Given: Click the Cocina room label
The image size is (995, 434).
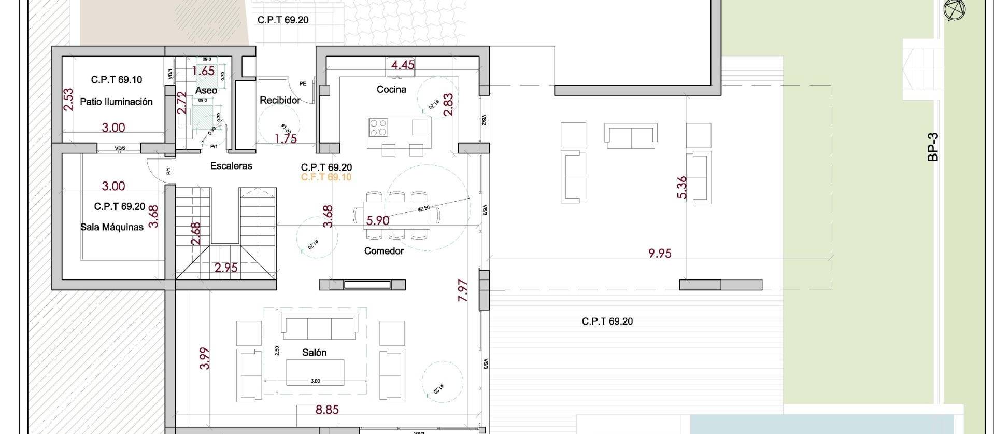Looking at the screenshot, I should [x=391, y=90].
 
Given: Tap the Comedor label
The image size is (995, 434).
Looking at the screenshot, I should [x=383, y=251].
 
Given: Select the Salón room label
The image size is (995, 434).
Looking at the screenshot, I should [x=314, y=353].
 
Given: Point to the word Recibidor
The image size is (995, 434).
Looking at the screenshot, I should [x=280, y=100].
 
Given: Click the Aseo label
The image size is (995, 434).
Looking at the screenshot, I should [x=206, y=90].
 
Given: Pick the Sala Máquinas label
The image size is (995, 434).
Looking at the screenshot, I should [x=112, y=227].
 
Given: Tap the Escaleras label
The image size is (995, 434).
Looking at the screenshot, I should [x=231, y=166].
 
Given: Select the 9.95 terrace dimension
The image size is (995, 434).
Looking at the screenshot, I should [x=660, y=253].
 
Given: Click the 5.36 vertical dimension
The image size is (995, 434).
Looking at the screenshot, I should [x=682, y=187].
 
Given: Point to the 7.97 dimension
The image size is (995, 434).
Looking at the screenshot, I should [x=463, y=290].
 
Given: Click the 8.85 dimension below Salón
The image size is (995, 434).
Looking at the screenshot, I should [x=327, y=410].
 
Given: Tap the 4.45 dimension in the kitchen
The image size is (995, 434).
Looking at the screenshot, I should [x=403, y=65].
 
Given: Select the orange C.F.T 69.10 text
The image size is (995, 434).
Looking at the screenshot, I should [x=326, y=177].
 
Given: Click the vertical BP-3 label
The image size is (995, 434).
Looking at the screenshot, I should [x=933, y=147].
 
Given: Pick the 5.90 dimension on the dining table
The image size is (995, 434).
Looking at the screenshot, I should [x=377, y=220].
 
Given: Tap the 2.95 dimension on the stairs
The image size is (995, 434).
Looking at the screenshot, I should [x=226, y=268].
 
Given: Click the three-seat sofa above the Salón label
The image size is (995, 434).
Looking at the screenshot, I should [x=319, y=325].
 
